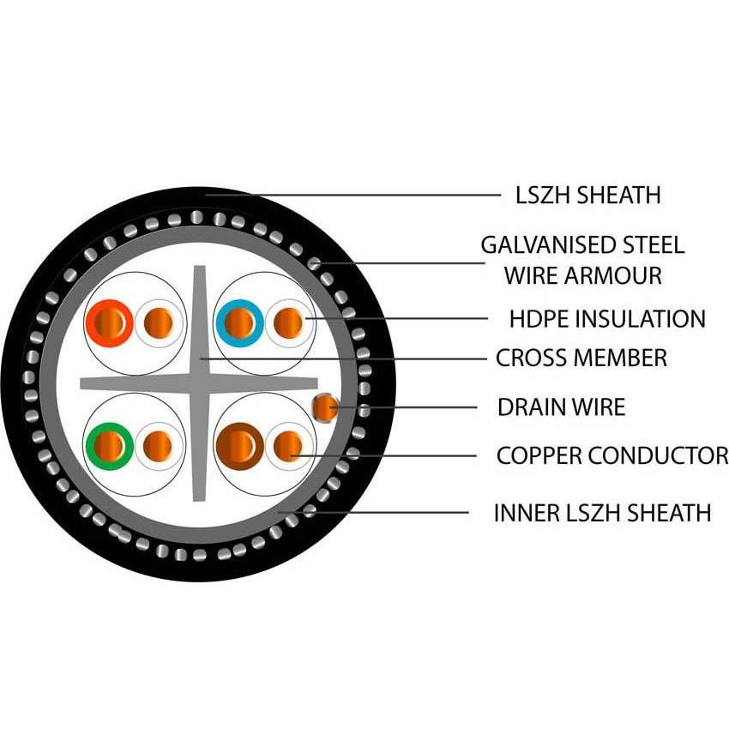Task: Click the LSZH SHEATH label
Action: (x=588, y=195)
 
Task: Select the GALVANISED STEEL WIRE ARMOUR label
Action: (x=582, y=260)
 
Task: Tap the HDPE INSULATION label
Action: (x=607, y=319)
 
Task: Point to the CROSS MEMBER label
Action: (x=581, y=358)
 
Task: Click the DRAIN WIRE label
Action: (x=561, y=407)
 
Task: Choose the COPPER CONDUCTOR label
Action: (x=612, y=455)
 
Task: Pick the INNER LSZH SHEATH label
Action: (x=601, y=513)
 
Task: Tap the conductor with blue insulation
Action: (x=240, y=323)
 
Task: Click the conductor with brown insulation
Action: (x=240, y=444)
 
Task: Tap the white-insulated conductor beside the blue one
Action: (x=288, y=323)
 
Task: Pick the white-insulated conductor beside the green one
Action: (x=158, y=444)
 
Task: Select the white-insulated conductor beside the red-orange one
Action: (x=158, y=323)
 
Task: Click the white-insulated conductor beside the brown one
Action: (x=288, y=444)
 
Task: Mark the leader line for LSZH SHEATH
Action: (x=360, y=195)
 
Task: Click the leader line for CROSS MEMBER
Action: (x=343, y=358)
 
